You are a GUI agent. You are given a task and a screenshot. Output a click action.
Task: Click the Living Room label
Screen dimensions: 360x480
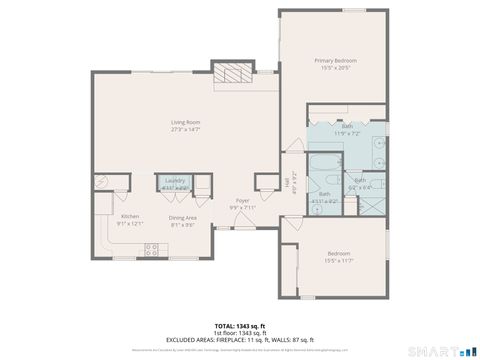[185, 122]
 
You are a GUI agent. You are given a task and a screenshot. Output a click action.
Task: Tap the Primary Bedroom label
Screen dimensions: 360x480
[335, 61]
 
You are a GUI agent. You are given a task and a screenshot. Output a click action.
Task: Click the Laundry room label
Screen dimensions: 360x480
[175, 180]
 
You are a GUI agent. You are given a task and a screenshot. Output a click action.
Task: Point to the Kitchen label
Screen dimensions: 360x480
[130, 217]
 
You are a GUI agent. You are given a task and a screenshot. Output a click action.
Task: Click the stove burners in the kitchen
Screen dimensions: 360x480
[152, 251]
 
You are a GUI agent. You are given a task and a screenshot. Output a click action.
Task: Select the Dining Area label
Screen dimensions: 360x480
[181, 217]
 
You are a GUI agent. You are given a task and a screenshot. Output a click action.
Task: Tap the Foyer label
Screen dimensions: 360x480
[242, 201]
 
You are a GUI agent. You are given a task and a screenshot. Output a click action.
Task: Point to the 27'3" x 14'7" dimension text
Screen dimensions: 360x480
[185, 129]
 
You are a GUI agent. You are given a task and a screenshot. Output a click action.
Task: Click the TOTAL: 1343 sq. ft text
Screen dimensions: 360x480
[239, 326]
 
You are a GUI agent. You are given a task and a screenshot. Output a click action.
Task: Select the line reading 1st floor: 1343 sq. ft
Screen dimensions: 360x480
[239, 333]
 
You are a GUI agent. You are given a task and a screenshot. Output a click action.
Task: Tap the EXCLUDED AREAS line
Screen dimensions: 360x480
[239, 340]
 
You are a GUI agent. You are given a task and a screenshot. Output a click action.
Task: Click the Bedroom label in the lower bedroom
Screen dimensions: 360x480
[338, 254]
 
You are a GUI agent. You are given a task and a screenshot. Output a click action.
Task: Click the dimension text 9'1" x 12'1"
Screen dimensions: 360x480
[130, 224]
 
